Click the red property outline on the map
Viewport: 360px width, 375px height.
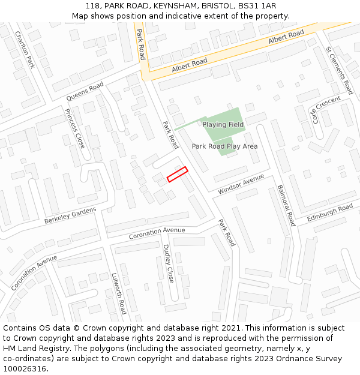(177, 174)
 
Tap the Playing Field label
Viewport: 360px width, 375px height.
(223, 124)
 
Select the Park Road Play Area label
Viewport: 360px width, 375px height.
(224, 146)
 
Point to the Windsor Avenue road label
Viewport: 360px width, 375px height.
(241, 184)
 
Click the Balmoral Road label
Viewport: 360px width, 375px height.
(286, 205)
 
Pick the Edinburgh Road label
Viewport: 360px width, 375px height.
(330, 213)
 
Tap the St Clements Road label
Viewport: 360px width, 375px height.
(339, 70)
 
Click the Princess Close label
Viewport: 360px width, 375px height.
(75, 129)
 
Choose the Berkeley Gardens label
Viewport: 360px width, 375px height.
(70, 216)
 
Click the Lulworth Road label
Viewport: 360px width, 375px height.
(118, 294)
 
